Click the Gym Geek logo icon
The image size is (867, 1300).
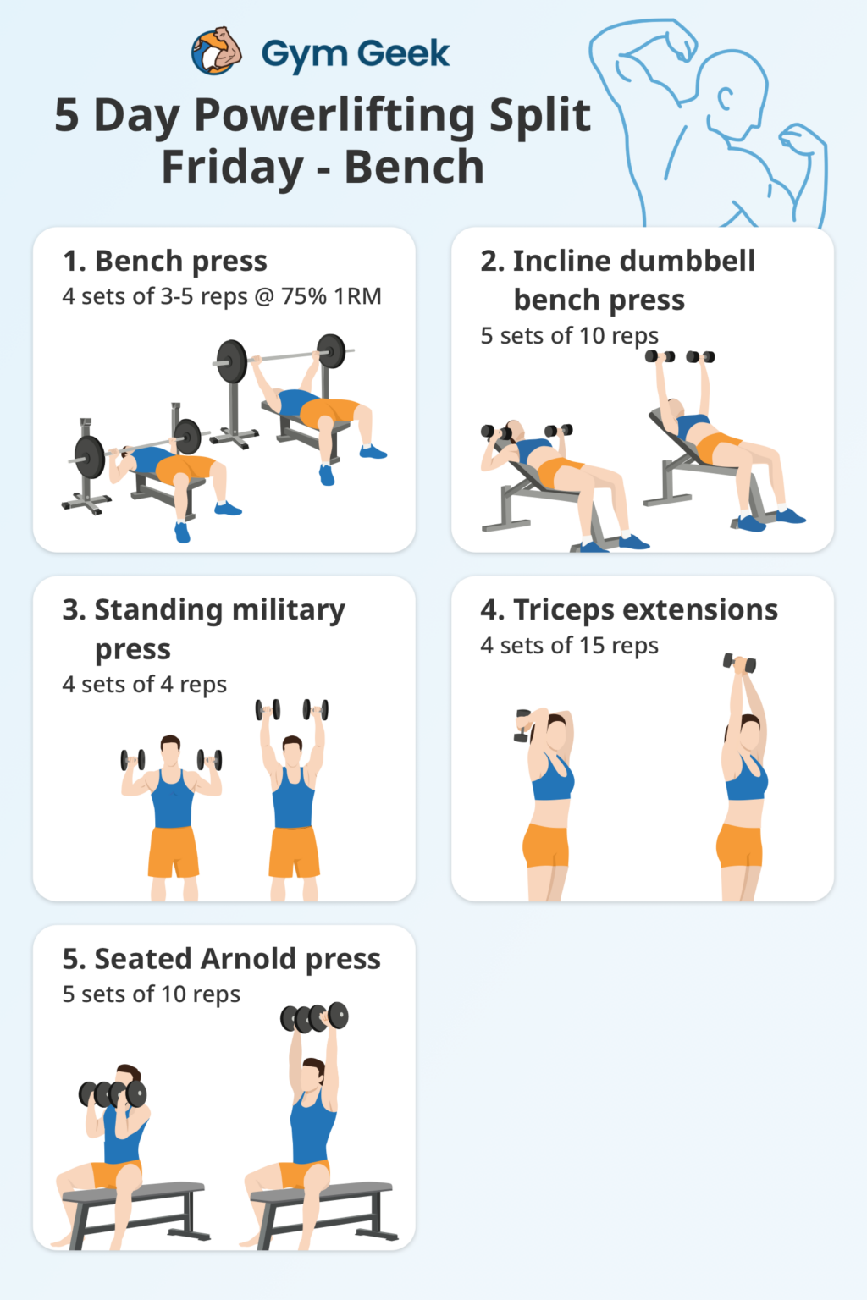tap(217, 52)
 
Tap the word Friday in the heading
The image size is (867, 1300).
tap(232, 167)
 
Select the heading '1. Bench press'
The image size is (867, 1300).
tap(165, 262)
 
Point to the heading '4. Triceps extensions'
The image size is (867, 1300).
tap(629, 610)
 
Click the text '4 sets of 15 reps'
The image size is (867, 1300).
tap(569, 646)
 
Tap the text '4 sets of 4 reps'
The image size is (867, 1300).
tap(144, 685)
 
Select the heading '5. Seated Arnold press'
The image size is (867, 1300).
tap(221, 959)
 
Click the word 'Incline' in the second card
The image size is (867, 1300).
tap(565, 262)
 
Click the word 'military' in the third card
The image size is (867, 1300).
tap(289, 610)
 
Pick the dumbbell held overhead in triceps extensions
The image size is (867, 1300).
tap(739, 663)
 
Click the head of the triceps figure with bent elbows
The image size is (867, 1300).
tap(556, 730)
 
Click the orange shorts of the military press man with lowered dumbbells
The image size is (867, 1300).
tap(173, 851)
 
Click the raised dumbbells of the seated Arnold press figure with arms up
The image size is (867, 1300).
tap(314, 1017)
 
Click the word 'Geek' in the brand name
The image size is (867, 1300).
tap(405, 54)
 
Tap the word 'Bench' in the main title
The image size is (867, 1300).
tap(414, 167)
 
